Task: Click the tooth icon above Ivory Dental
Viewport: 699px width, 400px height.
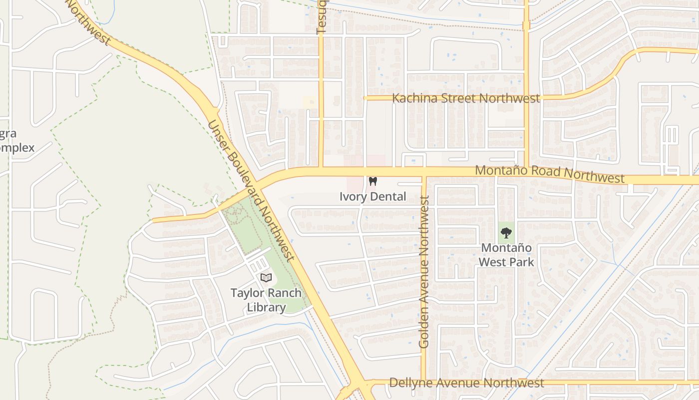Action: pos(372,181)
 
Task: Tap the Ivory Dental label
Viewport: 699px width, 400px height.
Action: pos(372,196)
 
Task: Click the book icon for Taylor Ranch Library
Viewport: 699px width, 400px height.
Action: pos(266,277)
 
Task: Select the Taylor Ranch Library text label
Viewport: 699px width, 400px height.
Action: pos(266,300)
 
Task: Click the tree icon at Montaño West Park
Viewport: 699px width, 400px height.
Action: pos(506,232)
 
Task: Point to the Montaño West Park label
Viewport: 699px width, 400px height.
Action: pos(506,254)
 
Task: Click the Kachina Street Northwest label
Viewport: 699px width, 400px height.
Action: pos(466,98)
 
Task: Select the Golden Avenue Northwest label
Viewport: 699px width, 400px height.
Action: pos(424,271)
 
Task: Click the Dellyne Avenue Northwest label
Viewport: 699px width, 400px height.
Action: pos(466,383)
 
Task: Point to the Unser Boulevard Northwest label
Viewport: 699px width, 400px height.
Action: pos(249,190)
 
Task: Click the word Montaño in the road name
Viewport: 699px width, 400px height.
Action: pos(496,170)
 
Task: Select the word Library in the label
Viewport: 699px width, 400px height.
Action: pos(266,307)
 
